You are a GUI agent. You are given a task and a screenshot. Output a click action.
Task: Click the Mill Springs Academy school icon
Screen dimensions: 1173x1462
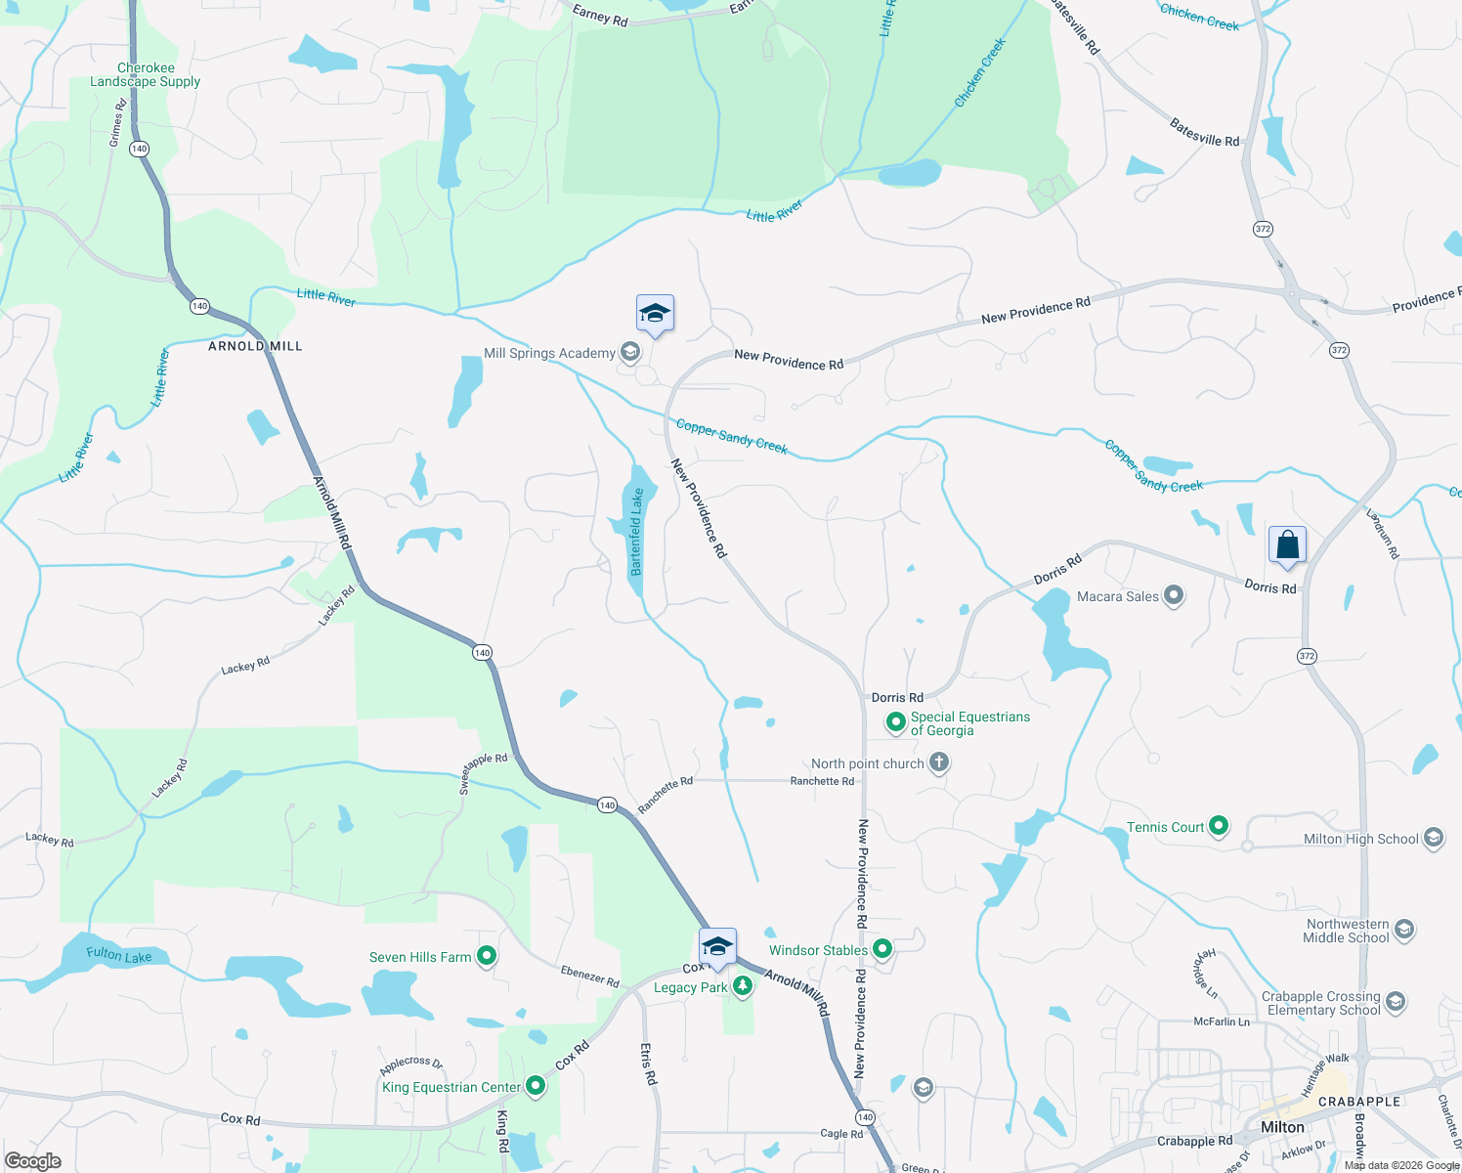(630, 353)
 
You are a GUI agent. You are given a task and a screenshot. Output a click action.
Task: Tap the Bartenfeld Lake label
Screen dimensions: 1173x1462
(637, 532)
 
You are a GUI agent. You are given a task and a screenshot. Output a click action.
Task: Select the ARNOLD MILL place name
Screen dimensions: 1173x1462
(255, 346)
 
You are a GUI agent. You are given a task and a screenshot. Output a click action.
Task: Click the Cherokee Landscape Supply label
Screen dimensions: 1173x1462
(146, 75)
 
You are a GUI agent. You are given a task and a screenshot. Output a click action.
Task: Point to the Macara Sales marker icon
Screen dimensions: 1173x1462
(1174, 595)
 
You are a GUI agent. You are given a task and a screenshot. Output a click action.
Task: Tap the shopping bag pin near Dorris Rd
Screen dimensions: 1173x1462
(1287, 545)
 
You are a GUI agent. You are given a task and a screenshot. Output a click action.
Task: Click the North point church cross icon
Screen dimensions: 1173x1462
(938, 762)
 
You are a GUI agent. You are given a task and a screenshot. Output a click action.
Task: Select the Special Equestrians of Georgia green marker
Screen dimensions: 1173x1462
(895, 723)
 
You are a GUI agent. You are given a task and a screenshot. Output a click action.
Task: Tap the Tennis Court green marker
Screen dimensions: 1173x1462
(1219, 827)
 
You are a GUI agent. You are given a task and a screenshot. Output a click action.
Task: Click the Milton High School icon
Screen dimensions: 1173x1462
(1433, 839)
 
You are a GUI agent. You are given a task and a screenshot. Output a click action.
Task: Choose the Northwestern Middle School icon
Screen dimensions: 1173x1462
(1404, 930)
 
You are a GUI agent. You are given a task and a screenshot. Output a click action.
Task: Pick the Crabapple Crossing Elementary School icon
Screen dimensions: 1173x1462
(1396, 1003)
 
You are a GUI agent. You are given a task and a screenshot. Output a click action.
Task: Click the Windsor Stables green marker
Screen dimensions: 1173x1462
(882, 949)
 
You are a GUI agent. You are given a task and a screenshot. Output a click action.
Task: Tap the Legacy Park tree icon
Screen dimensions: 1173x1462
(743, 987)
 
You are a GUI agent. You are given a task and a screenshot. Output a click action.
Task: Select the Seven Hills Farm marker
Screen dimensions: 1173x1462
(487, 957)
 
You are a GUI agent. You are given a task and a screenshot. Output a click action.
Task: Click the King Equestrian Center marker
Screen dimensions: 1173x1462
(536, 1086)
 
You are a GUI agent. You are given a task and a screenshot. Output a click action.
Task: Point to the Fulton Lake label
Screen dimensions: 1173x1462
(118, 954)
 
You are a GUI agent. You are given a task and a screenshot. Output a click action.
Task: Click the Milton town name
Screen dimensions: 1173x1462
(1282, 1127)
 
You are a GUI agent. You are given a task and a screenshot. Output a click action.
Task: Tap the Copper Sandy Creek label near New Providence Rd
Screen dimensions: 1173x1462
(731, 436)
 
